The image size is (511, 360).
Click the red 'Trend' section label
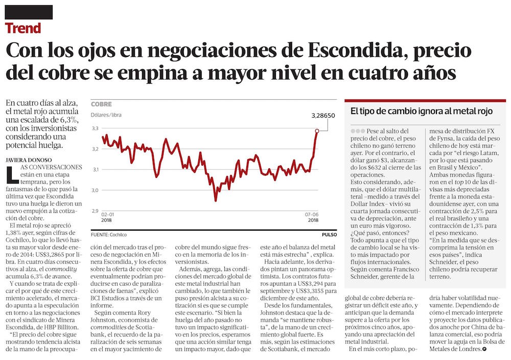pyautogui.click(x=23, y=28)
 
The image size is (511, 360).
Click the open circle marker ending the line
pyautogui.click(x=317, y=131)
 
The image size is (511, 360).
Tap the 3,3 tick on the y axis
pyautogui.click(x=95, y=128)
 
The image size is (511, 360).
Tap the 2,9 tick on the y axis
pyautogui.click(x=95, y=210)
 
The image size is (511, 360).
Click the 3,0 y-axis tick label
pyautogui.click(x=95, y=190)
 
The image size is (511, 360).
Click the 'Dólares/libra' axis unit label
pyautogui.click(x=106, y=115)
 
